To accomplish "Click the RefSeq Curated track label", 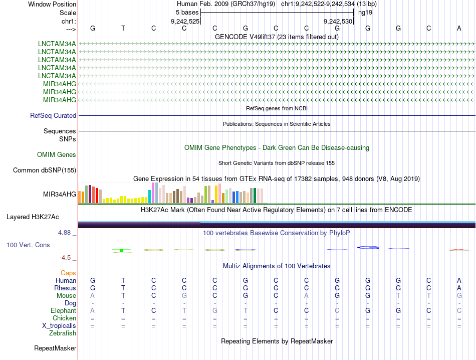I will point(53,115).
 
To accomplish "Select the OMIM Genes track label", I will point(57,154).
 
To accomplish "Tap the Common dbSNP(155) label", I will point(45,170).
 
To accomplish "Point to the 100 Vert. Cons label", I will point(29,245).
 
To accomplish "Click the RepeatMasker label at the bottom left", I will point(55,348).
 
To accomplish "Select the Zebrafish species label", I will point(63,333).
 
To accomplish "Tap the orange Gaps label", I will point(68,273).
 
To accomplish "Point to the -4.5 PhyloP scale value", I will point(67,258).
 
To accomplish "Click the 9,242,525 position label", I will point(185,21).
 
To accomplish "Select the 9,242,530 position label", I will point(338,21).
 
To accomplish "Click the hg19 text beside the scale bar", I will point(365,12).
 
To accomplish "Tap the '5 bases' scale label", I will point(186,12).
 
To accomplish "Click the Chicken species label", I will point(64,318).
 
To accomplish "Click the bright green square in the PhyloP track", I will point(121,250).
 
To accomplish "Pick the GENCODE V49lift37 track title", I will point(277,37).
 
